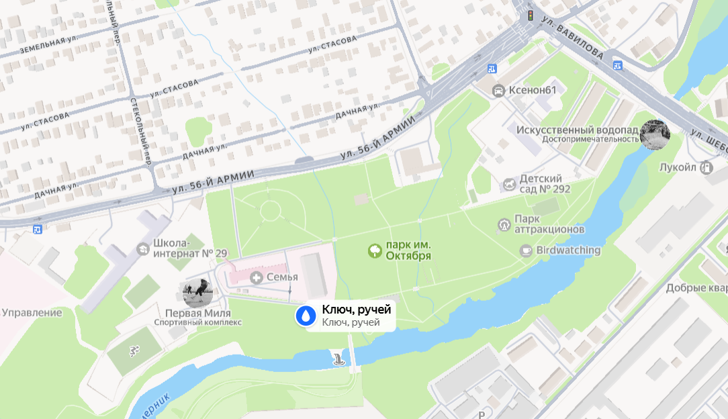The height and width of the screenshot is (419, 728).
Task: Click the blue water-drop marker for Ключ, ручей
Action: [x=306, y=316]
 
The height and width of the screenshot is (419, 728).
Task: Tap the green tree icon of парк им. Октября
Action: [x=374, y=251]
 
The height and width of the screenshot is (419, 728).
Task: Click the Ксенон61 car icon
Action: [x=498, y=91]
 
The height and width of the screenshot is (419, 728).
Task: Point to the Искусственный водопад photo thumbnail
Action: [x=654, y=134]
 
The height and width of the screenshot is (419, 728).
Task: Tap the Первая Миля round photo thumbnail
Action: [x=197, y=293]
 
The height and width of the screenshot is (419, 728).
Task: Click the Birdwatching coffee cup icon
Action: [x=526, y=250]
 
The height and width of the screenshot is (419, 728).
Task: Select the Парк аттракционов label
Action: [x=549, y=224]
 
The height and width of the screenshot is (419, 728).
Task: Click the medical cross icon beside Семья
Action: [x=256, y=277]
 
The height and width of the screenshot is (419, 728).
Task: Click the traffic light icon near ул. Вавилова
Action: [x=530, y=15]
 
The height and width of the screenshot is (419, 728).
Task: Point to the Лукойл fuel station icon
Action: [x=706, y=167]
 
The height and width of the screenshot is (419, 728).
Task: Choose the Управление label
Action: [x=32, y=312]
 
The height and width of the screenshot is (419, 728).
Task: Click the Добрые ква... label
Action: [x=696, y=289]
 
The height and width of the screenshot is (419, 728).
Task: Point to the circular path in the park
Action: [x=270, y=211]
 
